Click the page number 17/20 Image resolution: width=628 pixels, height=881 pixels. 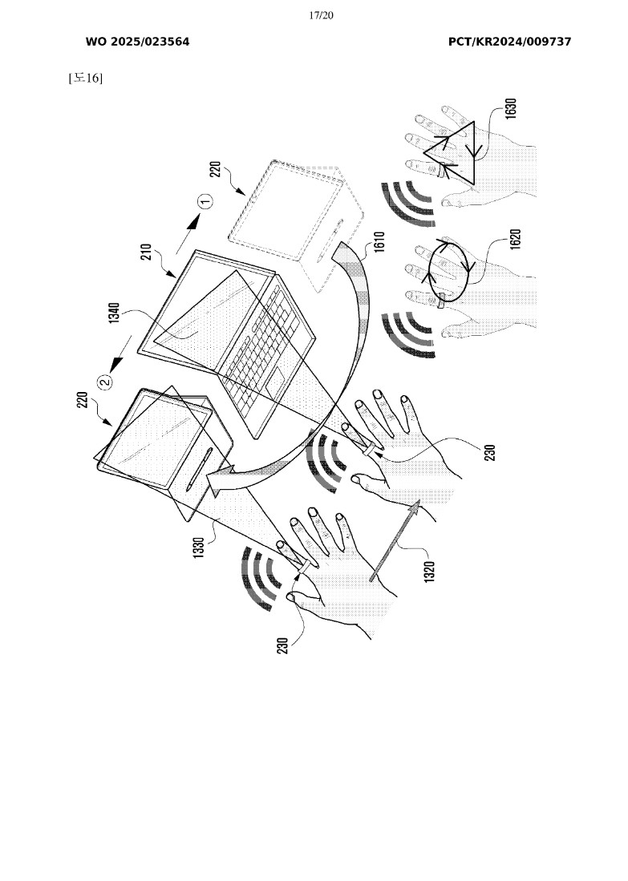(321, 15)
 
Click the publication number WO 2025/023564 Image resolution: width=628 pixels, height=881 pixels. (137, 42)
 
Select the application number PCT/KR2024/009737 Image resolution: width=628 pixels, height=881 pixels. (509, 42)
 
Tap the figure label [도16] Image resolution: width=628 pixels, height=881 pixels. (86, 78)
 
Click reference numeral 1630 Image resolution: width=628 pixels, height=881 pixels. (510, 108)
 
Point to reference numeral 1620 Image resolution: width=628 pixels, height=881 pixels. (516, 239)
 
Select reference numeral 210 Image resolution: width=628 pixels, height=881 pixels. (146, 252)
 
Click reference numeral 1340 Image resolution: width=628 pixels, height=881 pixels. (114, 313)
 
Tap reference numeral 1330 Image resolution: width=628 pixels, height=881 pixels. (198, 548)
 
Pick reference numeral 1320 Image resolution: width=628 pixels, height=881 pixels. (429, 572)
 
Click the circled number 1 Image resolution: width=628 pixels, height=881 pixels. (206, 200)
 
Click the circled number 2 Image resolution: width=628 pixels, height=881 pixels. (105, 382)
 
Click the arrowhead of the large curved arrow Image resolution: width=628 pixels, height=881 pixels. (221, 481)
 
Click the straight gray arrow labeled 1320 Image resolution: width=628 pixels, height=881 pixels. (395, 541)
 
